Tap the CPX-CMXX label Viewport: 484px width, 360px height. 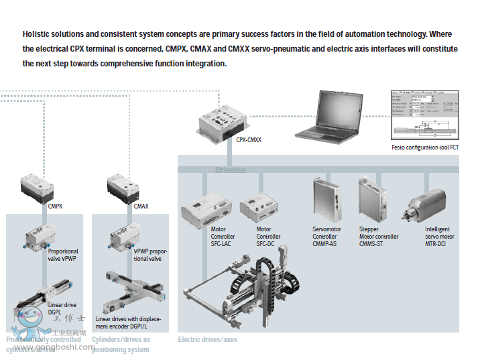[249, 140]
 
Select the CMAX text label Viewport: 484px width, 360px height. [141, 206]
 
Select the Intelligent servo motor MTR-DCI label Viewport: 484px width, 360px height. [439, 237]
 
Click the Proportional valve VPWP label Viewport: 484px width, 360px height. [63, 255]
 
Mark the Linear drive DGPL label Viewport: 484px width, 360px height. [62, 308]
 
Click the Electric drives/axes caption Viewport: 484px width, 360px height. [207, 339]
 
